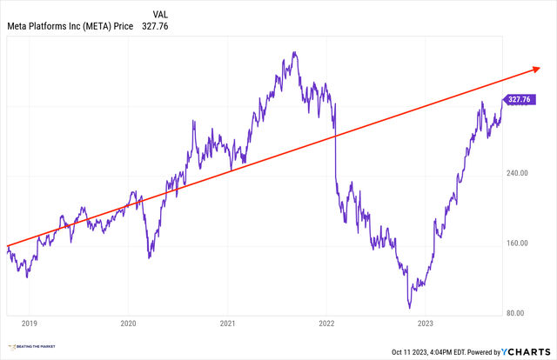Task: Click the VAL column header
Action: pyautogui.click(x=160, y=13)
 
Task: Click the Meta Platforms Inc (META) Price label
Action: pyautogui.click(x=70, y=26)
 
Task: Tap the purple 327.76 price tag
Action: pyautogui.click(x=519, y=100)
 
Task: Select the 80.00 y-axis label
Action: pyautogui.click(x=518, y=313)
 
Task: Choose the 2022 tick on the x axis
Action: pyautogui.click(x=325, y=323)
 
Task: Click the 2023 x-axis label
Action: pyautogui.click(x=425, y=323)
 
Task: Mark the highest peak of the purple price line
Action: pyautogui.click(x=295, y=52)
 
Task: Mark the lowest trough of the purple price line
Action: pyautogui.click(x=408, y=307)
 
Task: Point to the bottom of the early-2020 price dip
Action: pyautogui.click(x=150, y=257)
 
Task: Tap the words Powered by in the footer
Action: pyautogui.click(x=473, y=351)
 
